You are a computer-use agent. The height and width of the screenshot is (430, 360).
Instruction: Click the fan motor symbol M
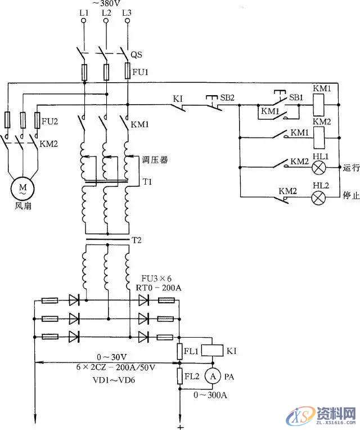coord(23,188)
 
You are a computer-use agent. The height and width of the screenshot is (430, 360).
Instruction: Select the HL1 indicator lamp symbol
coord(319,167)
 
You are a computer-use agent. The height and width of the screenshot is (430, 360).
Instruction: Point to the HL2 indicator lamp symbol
coord(319,197)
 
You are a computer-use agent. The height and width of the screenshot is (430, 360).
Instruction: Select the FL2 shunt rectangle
coord(181,375)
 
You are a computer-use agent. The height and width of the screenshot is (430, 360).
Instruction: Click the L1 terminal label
coord(84,12)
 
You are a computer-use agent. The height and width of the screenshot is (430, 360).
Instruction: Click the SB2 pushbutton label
coord(228,97)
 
